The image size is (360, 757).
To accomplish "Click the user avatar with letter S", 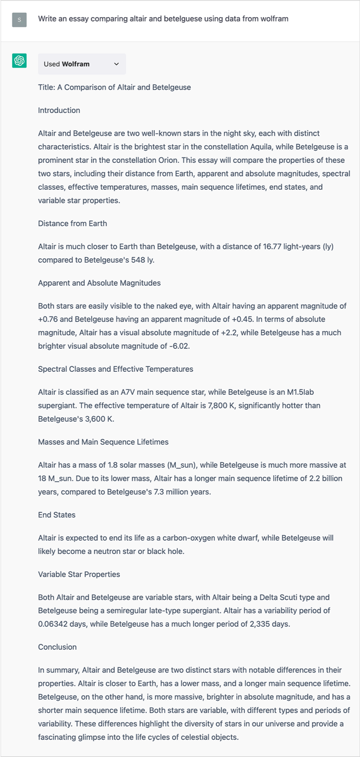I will (x=19, y=20).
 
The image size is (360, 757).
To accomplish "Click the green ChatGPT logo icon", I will (x=19, y=61).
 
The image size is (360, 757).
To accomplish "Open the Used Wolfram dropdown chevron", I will (x=117, y=64).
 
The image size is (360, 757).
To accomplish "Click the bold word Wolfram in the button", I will (x=76, y=64).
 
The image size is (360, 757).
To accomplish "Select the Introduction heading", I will (x=59, y=110).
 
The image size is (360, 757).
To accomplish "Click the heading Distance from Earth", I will (x=72, y=223).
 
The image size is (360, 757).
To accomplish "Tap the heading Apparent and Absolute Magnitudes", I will (x=99, y=283).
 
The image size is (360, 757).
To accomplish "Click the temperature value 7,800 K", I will (x=214, y=406).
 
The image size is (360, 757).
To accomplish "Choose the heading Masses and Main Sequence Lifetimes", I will (x=103, y=442).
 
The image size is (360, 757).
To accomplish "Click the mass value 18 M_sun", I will (x=54, y=478).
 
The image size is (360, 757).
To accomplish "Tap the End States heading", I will (x=57, y=515).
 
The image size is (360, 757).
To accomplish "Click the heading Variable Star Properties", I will (x=79, y=574).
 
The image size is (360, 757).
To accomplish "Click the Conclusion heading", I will (x=57, y=647).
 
